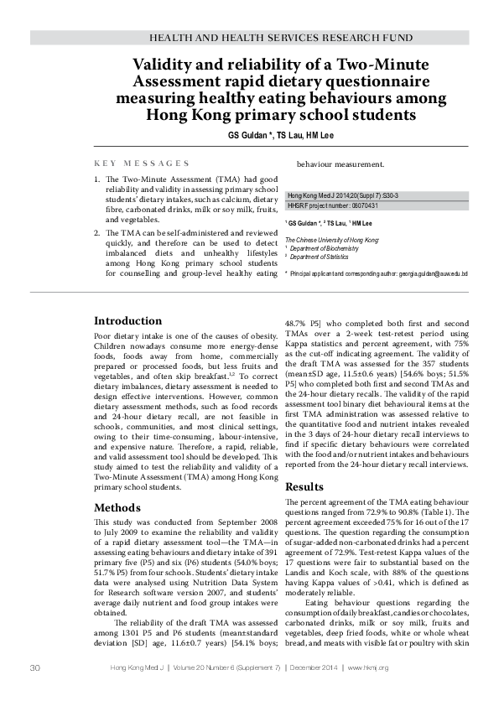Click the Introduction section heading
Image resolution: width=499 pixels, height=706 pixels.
(x=127, y=321)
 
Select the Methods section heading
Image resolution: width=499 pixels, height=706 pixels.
(x=117, y=507)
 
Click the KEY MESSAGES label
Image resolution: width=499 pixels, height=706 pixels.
(x=142, y=164)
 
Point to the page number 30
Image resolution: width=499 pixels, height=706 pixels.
(x=35, y=667)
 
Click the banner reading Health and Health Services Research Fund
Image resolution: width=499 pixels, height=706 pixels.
(x=280, y=39)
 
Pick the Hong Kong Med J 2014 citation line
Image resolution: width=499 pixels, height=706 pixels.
(x=343, y=195)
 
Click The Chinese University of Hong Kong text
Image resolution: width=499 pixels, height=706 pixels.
(x=332, y=240)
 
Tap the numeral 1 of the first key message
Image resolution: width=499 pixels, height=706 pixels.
(x=96, y=179)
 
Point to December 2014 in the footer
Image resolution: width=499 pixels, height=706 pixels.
(x=313, y=667)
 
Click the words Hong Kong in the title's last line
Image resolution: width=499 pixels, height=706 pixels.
(x=188, y=116)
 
